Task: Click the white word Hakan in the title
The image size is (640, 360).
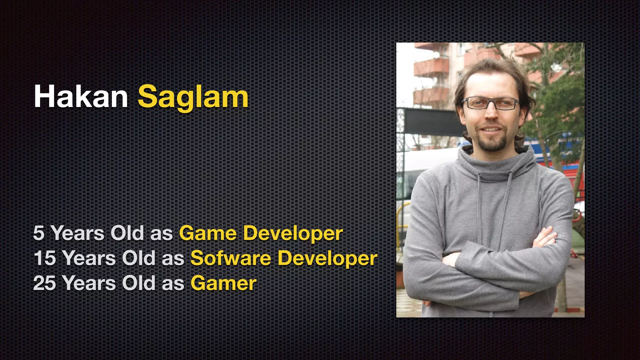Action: (81, 97)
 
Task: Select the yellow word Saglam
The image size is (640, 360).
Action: (193, 97)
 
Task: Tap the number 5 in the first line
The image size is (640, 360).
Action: (39, 233)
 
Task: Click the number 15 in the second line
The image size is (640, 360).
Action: (44, 258)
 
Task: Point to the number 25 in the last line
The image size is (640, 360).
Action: (44, 283)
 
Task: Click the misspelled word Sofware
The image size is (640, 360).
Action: (231, 258)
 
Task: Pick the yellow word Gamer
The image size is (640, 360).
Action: (223, 283)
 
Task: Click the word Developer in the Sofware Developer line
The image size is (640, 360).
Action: (327, 259)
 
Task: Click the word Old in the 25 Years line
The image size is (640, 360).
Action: (138, 283)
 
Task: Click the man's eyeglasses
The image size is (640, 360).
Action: (491, 103)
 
